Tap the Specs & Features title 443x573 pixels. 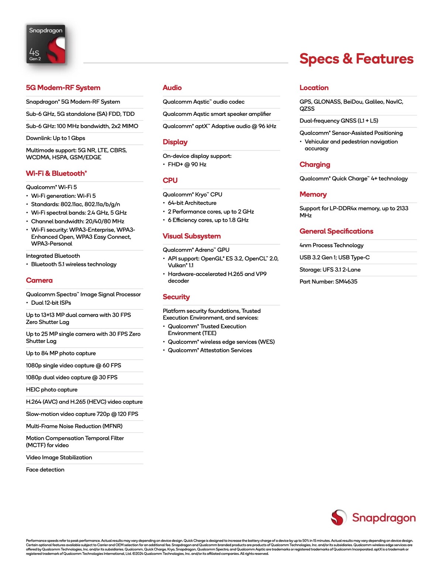356,59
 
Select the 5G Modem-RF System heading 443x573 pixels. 63,88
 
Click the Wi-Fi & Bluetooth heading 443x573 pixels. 56,173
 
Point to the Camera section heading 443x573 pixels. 39,280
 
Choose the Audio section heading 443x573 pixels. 172,88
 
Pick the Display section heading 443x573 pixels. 175,142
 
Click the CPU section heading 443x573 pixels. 170,180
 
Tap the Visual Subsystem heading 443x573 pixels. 192,236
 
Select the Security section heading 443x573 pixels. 176,297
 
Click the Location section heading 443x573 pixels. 314,88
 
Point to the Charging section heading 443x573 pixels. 315,165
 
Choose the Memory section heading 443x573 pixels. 313,194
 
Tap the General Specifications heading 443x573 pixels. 336,231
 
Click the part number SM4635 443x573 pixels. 328,282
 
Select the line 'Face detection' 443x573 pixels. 45,470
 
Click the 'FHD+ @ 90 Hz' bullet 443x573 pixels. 187,165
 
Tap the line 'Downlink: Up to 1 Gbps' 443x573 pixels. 55,138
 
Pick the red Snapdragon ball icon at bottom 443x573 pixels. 339,517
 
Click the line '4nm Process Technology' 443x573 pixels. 332,245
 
